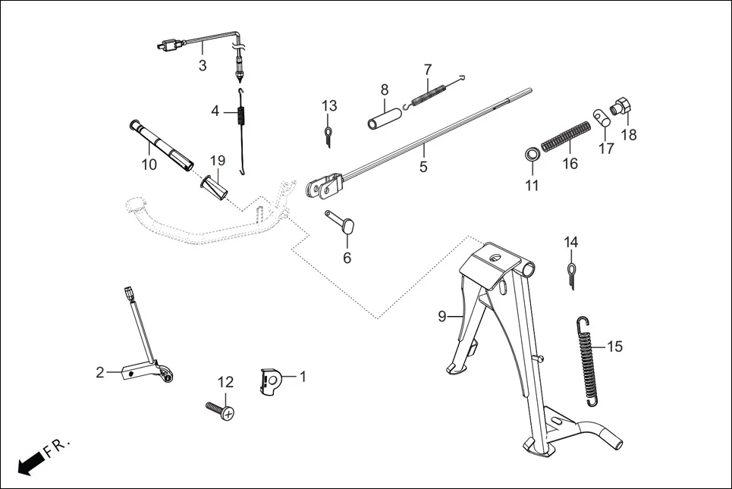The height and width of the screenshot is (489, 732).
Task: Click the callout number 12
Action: click(225, 382)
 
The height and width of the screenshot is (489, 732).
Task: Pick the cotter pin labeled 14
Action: click(571, 274)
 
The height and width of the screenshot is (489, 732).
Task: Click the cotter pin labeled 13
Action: click(328, 135)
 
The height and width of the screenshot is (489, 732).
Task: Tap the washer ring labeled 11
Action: click(532, 155)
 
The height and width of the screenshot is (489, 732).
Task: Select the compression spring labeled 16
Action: click(567, 136)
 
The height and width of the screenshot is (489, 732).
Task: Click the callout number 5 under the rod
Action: click(423, 167)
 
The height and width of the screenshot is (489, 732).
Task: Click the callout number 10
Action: click(149, 164)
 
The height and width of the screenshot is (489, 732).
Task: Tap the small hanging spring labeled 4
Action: click(241, 121)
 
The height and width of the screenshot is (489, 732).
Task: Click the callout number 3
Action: click(203, 66)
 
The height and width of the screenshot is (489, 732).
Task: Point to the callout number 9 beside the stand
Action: click(441, 316)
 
